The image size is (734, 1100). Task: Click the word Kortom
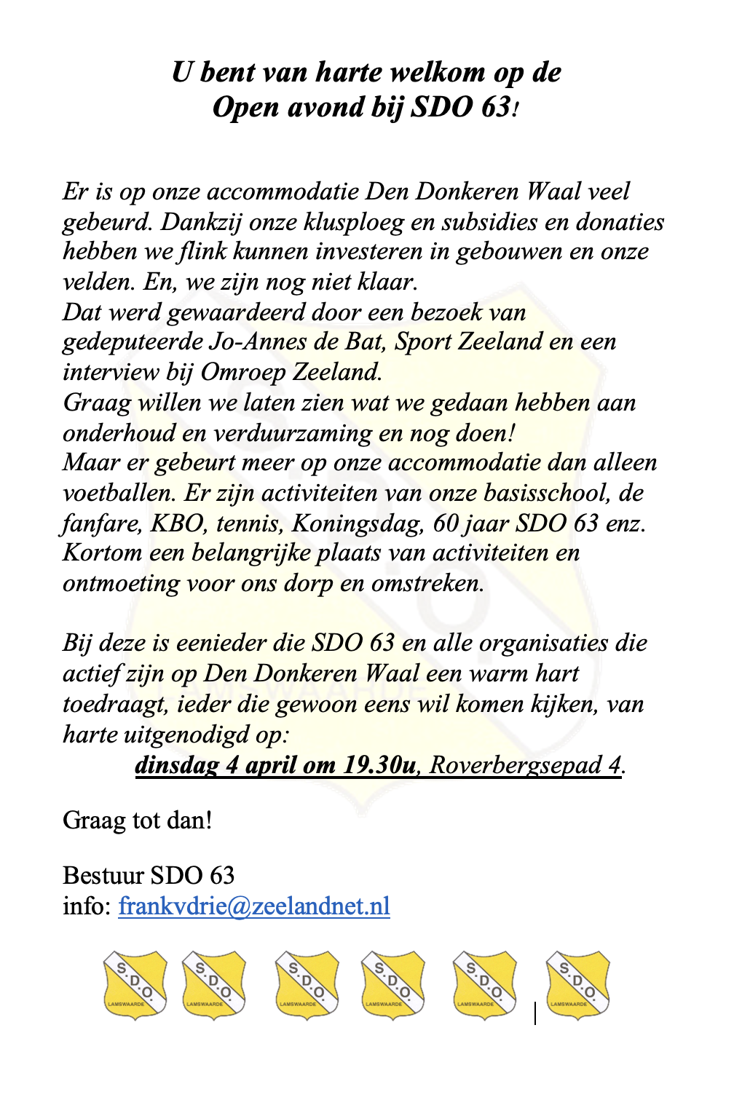click(x=103, y=553)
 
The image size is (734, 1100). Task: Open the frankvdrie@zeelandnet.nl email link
click(x=254, y=906)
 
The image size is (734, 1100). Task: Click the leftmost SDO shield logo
click(x=135, y=984)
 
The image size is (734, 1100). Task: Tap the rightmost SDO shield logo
click(x=578, y=984)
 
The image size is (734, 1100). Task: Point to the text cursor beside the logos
click(x=535, y=1013)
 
